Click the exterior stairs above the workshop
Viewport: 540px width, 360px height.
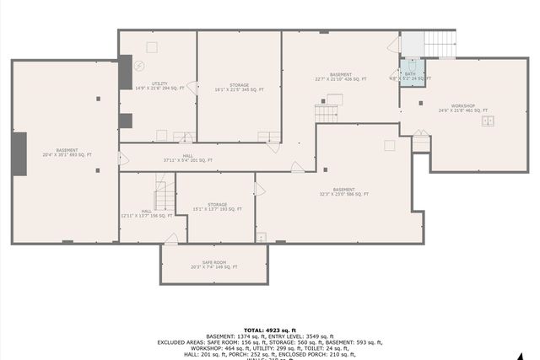point(439,44)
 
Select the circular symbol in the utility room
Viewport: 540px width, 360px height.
point(141,66)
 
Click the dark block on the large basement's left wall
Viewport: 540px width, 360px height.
point(19,153)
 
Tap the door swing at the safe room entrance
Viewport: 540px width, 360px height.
point(171,239)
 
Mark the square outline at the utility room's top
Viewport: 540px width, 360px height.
point(153,47)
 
